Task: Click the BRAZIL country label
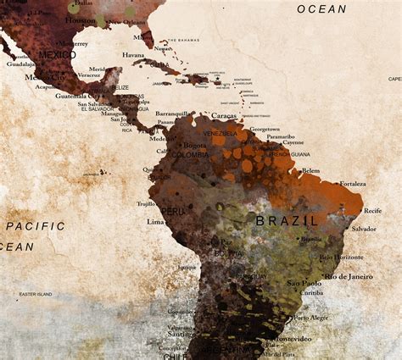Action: click(287, 220)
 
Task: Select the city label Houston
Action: click(81, 19)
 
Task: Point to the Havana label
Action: click(133, 55)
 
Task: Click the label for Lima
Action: click(155, 222)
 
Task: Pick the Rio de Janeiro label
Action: click(349, 276)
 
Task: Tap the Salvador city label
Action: click(364, 229)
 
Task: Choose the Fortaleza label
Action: click(352, 184)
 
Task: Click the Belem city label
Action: click(310, 170)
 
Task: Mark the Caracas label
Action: click(223, 115)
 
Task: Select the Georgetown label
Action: click(265, 130)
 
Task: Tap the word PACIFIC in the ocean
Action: click(36, 226)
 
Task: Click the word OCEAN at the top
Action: click(321, 9)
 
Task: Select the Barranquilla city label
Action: click(171, 114)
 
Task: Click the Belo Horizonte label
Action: click(342, 257)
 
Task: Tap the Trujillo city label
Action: click(146, 203)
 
